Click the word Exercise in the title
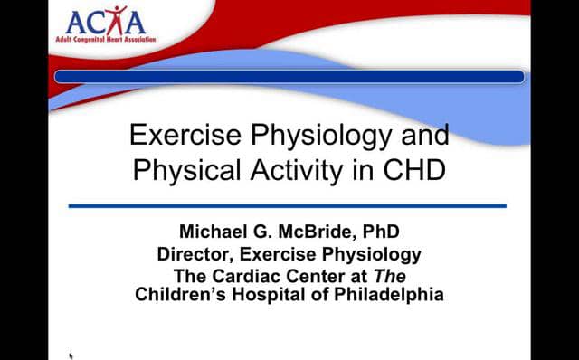183,136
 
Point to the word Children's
180,295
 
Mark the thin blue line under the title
287,206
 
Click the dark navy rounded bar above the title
289,77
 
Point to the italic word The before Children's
394,277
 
